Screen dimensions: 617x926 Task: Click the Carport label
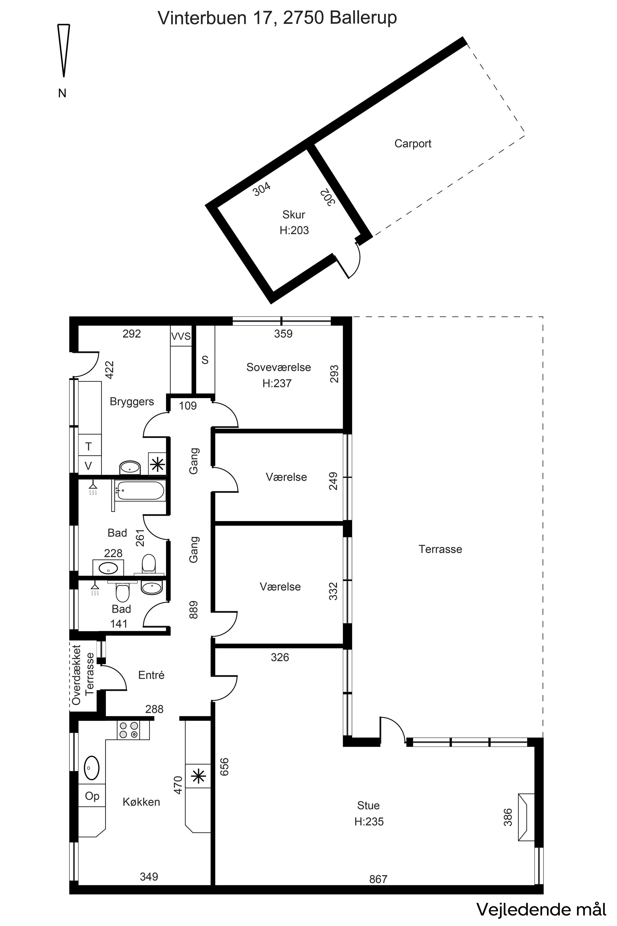point(413,144)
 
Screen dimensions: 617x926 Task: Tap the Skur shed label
point(294,215)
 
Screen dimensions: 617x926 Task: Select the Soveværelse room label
point(279,367)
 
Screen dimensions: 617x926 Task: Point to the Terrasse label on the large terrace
point(440,549)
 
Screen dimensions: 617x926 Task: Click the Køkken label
point(141,802)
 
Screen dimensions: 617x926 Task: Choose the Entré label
point(151,675)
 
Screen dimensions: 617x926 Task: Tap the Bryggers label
point(132,402)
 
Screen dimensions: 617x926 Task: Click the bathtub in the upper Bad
point(140,490)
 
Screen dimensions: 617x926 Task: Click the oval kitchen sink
point(92,767)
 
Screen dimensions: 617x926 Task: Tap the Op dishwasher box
point(92,796)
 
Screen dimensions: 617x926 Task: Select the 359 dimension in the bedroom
point(283,334)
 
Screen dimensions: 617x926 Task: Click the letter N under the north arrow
point(62,93)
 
